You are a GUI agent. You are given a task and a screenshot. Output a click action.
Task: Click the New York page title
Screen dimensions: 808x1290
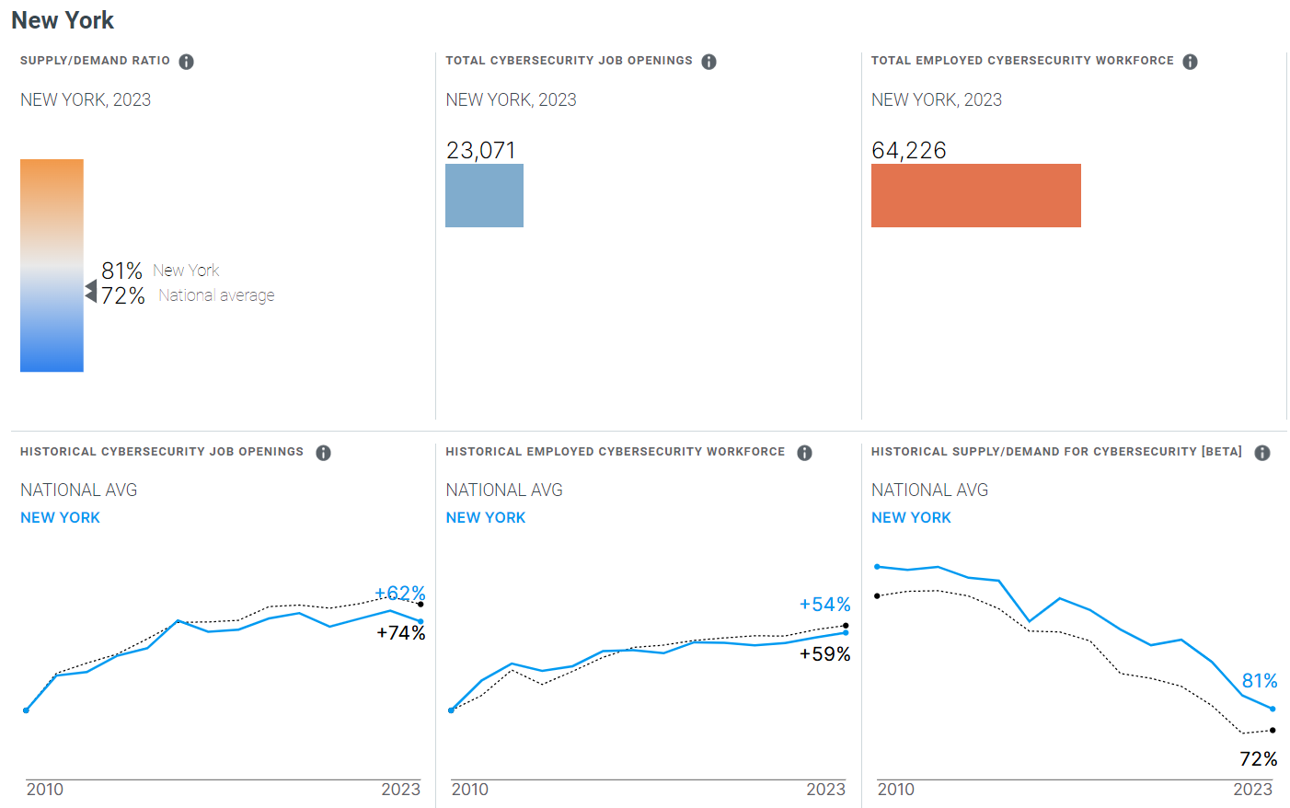point(63,20)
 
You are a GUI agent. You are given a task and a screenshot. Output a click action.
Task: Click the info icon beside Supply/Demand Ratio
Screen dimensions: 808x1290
point(186,62)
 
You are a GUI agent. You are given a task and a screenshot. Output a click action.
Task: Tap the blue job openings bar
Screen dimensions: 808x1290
point(484,195)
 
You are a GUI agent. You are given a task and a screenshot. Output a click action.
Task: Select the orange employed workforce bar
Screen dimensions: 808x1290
point(975,195)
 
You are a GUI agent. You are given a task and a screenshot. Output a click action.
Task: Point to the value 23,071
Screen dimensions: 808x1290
point(480,150)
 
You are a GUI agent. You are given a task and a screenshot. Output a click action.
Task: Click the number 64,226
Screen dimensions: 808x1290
point(908,150)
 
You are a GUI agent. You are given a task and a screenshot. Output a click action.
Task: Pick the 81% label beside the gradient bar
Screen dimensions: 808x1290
point(121,271)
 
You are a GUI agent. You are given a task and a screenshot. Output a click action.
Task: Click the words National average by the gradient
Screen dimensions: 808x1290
point(216,295)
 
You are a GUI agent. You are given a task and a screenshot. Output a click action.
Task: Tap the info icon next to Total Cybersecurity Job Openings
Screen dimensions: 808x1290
point(708,62)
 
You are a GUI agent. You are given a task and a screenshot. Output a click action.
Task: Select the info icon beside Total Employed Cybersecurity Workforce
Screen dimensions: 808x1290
point(1190,62)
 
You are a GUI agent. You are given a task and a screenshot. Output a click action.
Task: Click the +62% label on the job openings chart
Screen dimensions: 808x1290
point(399,594)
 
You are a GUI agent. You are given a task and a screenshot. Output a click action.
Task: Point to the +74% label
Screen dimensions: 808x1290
point(401,633)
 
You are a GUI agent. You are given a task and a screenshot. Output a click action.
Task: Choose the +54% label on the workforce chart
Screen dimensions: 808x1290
point(824,605)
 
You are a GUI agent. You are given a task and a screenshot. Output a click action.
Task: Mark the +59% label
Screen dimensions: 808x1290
point(824,654)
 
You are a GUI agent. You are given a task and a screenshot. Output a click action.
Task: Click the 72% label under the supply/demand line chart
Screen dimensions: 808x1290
point(1258,759)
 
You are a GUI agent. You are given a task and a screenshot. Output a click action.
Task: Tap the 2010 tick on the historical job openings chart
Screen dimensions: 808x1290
point(45,790)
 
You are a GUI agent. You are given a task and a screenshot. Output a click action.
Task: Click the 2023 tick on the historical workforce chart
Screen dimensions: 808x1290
point(825,790)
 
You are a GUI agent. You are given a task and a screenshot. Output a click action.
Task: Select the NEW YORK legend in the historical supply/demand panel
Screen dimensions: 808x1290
point(911,518)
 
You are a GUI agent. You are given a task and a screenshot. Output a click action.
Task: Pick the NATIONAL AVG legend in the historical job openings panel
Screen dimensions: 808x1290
point(79,491)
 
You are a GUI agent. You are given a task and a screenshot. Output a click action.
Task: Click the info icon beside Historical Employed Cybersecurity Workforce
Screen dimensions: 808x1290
point(804,453)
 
